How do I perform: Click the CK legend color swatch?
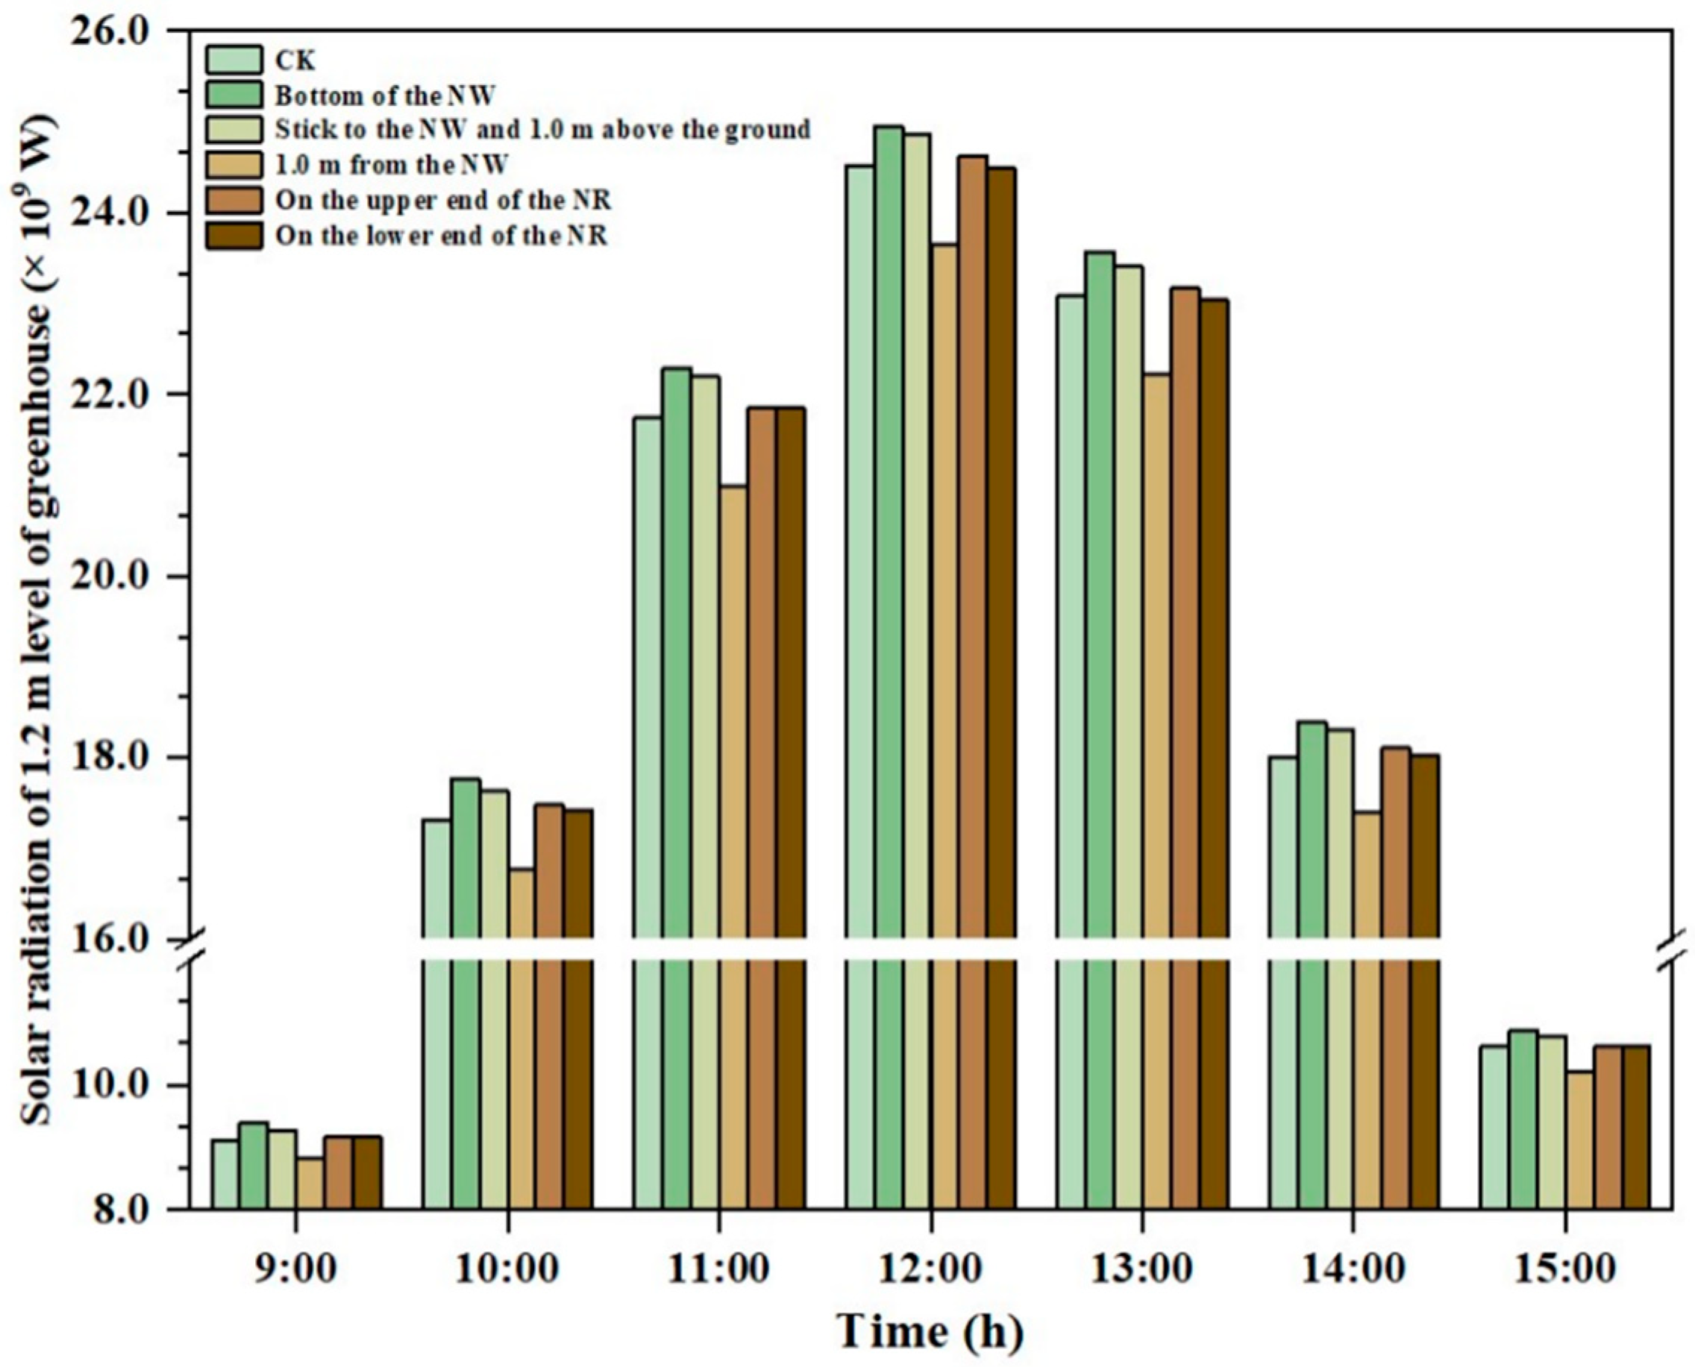[234, 60]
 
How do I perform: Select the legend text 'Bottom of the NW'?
[384, 96]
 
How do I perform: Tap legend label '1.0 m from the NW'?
[391, 165]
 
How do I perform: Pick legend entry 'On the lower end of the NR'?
[441, 236]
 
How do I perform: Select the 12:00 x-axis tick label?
[930, 1269]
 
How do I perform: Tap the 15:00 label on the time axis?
[1564, 1269]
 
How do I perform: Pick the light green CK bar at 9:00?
[225, 1173]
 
